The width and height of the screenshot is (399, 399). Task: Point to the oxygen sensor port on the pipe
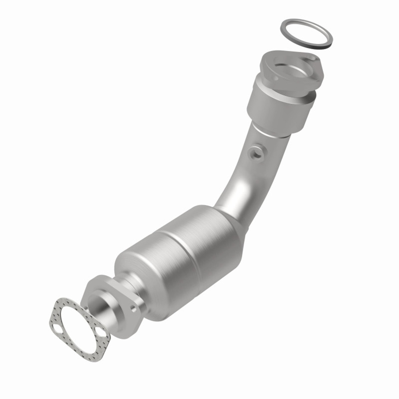[255, 153]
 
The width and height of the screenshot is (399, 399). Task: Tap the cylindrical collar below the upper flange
[277, 108]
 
